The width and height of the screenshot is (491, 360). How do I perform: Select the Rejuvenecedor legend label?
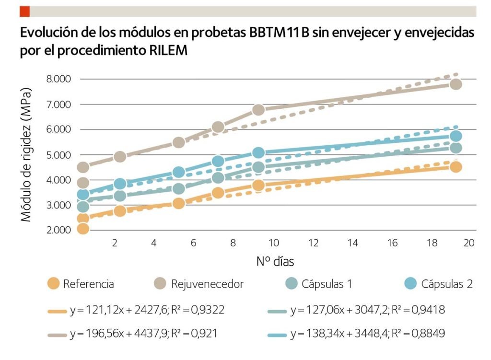pyautogui.click(x=207, y=284)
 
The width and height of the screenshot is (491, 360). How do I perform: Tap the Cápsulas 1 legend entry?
pyautogui.click(x=327, y=284)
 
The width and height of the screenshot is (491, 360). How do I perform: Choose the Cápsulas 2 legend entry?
pyautogui.click(x=447, y=284)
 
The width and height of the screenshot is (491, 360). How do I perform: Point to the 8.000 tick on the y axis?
pyautogui.click(x=58, y=79)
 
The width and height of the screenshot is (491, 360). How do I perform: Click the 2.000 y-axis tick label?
pyautogui.click(x=58, y=230)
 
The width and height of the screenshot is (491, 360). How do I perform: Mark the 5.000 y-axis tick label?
pyautogui.click(x=58, y=155)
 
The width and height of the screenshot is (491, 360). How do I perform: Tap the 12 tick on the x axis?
pyautogui.click(x=313, y=243)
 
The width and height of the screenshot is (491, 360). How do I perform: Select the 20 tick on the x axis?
pyautogui.click(x=469, y=243)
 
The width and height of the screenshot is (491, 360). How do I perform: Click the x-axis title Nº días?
pyautogui.click(x=274, y=262)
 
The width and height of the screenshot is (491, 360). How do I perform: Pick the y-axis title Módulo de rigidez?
pyautogui.click(x=26, y=154)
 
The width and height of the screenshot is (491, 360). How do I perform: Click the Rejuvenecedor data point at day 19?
pyautogui.click(x=456, y=84)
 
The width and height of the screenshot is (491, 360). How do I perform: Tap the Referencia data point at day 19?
pyautogui.click(x=456, y=167)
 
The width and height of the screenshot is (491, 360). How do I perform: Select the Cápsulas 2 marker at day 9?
pyautogui.click(x=259, y=153)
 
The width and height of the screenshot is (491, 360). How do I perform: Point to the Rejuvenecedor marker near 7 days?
pyautogui.click(x=218, y=127)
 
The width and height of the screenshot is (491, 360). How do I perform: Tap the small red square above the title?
pyautogui.click(x=24, y=11)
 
